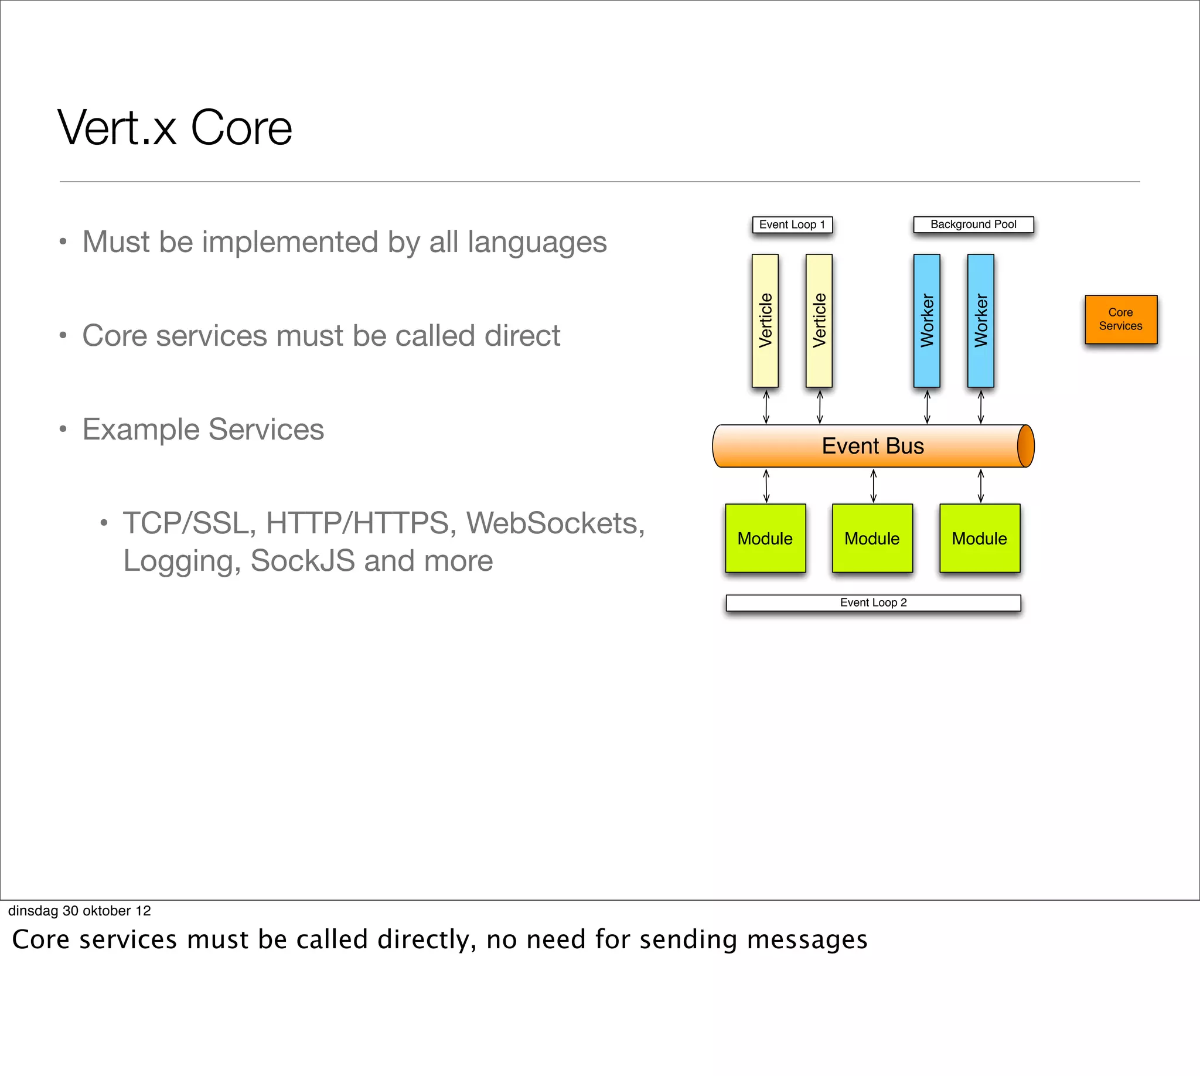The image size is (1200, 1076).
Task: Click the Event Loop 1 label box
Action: (x=792, y=224)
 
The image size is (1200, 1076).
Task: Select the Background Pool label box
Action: (x=973, y=224)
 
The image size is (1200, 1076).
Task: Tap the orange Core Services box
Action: (x=1120, y=319)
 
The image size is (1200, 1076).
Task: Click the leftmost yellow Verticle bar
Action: (x=765, y=321)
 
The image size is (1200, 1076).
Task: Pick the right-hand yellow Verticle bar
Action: (x=819, y=321)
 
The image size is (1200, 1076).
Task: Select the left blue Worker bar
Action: (x=926, y=321)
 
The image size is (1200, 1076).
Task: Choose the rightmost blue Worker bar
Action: (x=980, y=321)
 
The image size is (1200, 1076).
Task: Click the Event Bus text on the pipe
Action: (x=872, y=446)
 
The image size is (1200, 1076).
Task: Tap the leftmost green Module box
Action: (x=765, y=538)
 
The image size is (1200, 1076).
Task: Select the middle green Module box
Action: (x=872, y=538)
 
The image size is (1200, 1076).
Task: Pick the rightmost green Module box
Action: (x=980, y=538)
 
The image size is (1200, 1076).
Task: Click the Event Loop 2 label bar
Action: (x=873, y=602)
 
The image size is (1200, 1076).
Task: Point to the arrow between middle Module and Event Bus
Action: (x=873, y=485)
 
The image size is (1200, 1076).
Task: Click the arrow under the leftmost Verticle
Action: (x=766, y=407)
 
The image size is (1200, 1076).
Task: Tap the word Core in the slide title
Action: (x=241, y=128)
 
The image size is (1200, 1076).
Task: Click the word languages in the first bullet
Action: (x=537, y=243)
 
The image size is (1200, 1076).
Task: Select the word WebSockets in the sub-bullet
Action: (x=554, y=523)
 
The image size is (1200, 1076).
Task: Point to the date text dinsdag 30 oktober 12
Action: (x=80, y=911)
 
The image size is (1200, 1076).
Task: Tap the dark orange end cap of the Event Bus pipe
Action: (x=1025, y=446)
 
